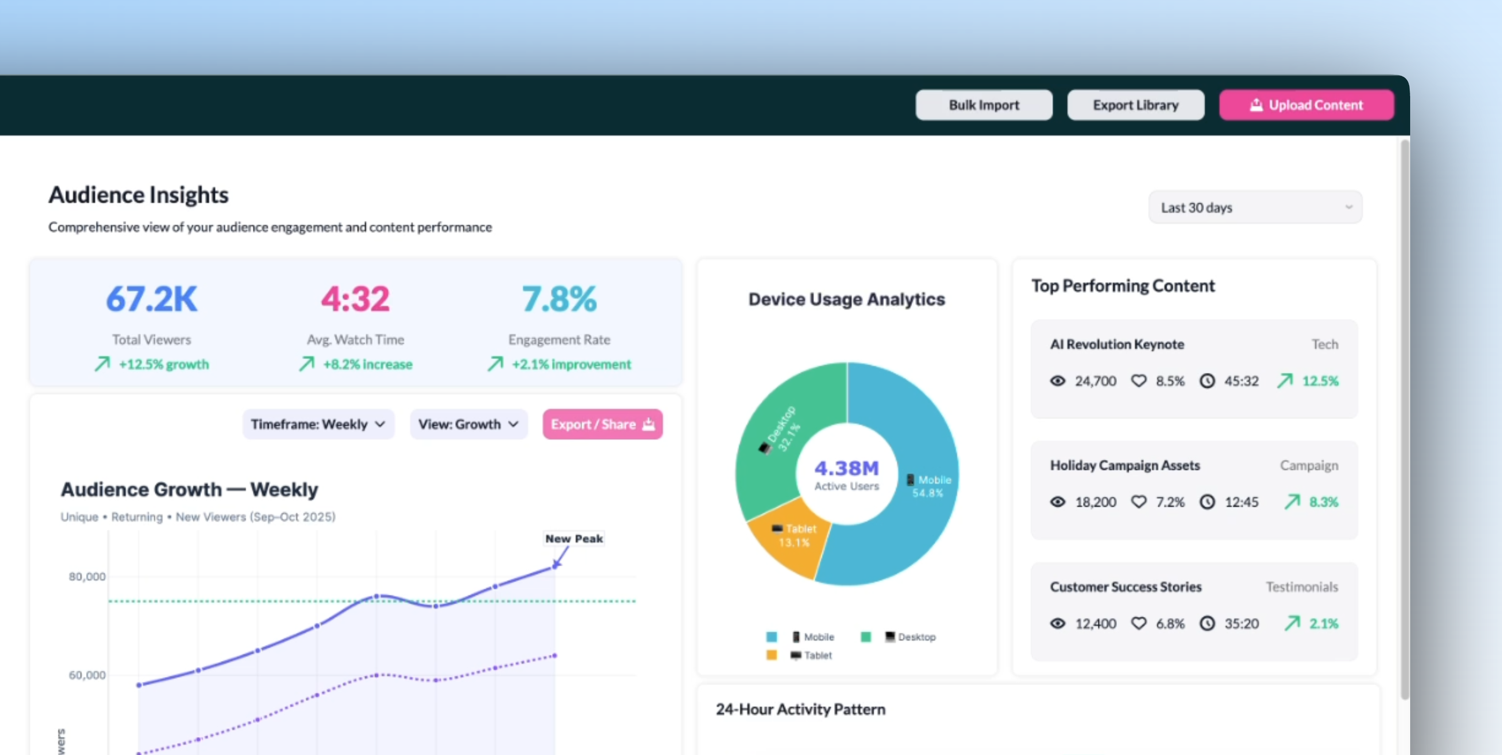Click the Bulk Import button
point(983,105)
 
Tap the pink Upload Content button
point(1306,105)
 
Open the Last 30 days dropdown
point(1255,208)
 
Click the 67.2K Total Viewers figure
point(152,299)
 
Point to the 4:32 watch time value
point(355,299)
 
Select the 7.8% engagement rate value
point(559,299)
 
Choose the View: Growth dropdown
point(468,424)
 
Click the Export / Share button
point(602,424)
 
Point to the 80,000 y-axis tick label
point(88,577)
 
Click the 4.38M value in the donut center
point(846,468)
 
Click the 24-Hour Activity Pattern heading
point(800,709)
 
